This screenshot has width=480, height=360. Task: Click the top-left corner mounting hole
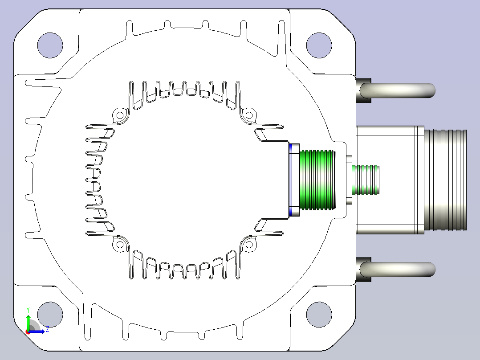(x=50, y=45)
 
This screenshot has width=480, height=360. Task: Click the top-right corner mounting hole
(x=319, y=45)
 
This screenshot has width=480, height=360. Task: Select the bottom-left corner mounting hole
(x=50, y=315)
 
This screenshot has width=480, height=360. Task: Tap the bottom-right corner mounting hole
(x=319, y=315)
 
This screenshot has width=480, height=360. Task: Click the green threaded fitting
(x=318, y=180)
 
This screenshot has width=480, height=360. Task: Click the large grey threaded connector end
(x=445, y=180)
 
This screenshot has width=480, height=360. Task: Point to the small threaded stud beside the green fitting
(x=366, y=180)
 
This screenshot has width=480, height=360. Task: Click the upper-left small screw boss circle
(x=120, y=115)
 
